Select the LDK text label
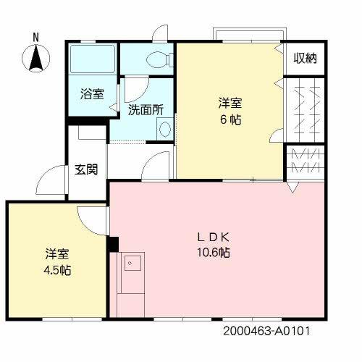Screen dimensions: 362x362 (x=215, y=237)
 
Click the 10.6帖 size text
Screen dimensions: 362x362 (x=215, y=253)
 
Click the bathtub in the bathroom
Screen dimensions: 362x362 (x=92, y=59)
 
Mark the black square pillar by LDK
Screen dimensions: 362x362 (x=113, y=244)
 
